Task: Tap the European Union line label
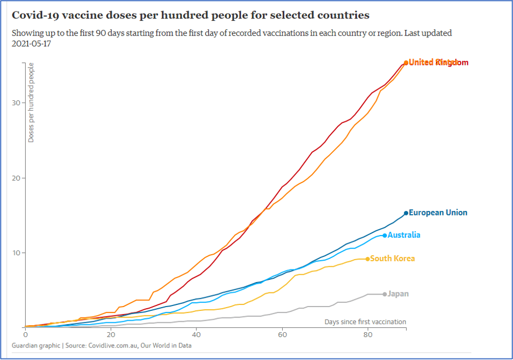[x=438, y=213]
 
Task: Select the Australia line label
[x=404, y=235]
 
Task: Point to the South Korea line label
[x=392, y=259]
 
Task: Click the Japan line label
[x=398, y=294]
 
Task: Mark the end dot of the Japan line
[x=384, y=294]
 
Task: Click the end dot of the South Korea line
[x=367, y=259]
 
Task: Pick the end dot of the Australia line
[x=385, y=235]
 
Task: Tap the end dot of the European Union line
[x=406, y=213]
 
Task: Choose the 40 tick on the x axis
[x=196, y=334]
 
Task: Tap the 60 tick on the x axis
[x=282, y=334]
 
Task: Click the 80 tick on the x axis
[x=368, y=334]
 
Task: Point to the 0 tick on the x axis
[x=25, y=334]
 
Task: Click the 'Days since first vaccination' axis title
[x=365, y=322]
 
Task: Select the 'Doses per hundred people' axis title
[x=31, y=103]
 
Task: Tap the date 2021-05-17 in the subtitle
[x=33, y=43]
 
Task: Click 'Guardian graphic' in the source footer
[x=37, y=345]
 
